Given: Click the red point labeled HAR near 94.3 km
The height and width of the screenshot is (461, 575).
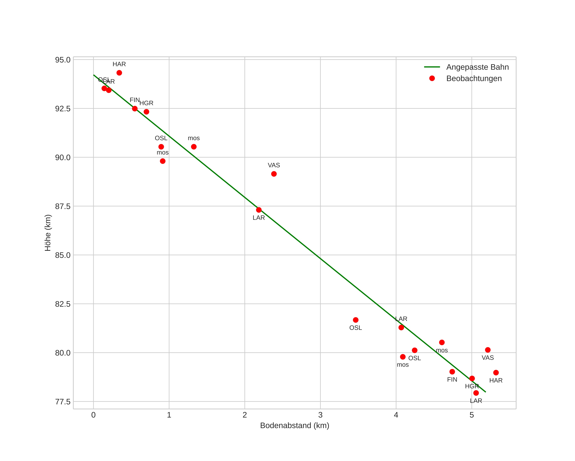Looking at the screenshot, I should coord(119,73).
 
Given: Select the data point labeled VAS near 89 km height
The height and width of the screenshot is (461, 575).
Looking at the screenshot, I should coord(274,174).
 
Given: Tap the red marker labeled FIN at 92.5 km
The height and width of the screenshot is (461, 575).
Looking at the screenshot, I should coord(135,109).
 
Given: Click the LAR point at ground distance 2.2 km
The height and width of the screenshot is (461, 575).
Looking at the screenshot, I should coord(259,210).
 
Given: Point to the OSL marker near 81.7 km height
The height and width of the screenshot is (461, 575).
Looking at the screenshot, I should coord(356,320).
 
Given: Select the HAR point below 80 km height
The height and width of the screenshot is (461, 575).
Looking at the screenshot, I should coord(496,373).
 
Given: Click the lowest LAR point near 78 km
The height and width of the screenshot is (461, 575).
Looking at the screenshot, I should coord(476,393).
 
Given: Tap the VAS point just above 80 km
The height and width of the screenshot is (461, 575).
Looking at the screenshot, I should coord(488,350).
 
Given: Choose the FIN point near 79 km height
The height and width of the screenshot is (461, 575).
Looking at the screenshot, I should coord(452,372).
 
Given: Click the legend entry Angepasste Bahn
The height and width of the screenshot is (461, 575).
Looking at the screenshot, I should coord(477,67).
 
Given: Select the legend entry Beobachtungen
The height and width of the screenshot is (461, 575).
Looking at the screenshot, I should coord(474,79).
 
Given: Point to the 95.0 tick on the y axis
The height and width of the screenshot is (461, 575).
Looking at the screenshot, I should coord(63,60).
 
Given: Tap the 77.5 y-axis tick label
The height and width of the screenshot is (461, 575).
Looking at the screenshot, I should coord(63,402).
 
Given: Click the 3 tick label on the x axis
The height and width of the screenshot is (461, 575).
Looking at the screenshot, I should coord(320,415).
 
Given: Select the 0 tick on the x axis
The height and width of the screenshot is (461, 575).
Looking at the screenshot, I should coord(93,415).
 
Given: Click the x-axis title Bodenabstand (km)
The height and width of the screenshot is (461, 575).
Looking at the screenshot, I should coord(294,426).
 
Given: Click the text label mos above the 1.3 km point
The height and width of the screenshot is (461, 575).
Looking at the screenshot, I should coord(194,138).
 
